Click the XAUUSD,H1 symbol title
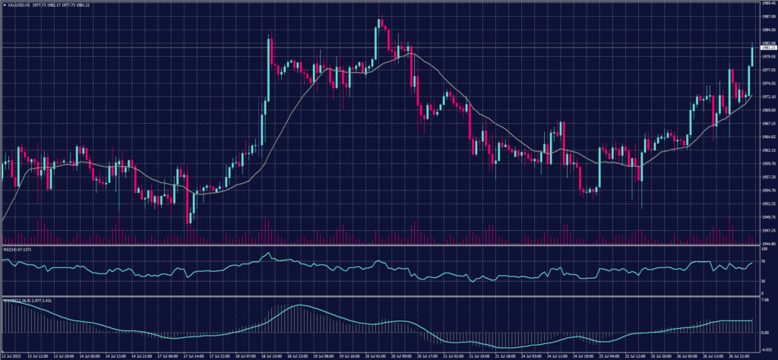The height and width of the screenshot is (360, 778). coord(17,4)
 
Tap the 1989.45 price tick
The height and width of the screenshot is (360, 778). coord(767,3)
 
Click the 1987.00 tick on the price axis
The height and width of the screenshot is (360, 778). coord(767,16)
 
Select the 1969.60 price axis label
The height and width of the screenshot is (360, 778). coord(767,109)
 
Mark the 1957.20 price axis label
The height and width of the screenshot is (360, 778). coord(767,176)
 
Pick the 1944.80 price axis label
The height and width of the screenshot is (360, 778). coord(767,243)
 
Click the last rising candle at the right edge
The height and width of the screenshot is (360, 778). coord(752,56)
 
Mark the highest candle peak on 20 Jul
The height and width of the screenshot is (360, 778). coord(379,20)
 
